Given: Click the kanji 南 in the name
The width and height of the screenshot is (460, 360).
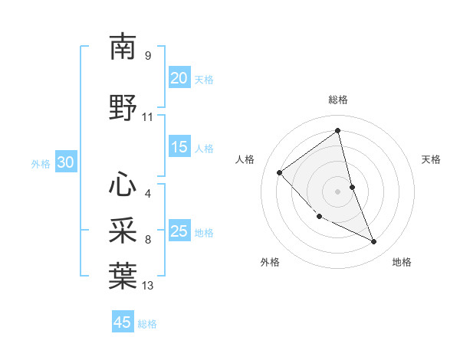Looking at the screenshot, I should [x=123, y=47].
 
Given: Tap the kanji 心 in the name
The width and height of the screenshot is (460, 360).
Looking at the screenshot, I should [x=123, y=184].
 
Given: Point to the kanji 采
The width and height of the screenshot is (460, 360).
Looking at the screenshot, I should [x=123, y=231].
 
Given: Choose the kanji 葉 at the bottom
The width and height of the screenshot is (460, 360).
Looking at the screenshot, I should [x=123, y=276].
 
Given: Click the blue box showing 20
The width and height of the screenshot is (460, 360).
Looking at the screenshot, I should [x=179, y=77].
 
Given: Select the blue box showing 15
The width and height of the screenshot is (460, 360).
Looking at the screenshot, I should [x=179, y=147].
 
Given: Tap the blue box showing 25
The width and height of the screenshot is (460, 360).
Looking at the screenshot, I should [x=179, y=231].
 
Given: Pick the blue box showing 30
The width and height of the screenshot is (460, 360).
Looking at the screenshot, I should [x=65, y=162].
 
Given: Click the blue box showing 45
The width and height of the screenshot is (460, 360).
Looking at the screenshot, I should [x=123, y=322].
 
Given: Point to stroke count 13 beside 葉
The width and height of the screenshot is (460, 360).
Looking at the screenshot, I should [x=148, y=286].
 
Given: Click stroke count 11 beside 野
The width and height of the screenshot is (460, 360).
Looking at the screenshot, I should [x=148, y=117].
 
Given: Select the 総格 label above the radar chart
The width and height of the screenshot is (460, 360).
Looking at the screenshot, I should [x=337, y=100].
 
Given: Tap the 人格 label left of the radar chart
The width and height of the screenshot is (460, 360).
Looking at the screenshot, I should [x=245, y=159].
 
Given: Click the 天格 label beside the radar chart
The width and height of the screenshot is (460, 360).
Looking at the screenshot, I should [x=431, y=159].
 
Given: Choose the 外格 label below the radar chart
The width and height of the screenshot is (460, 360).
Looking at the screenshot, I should [x=270, y=263].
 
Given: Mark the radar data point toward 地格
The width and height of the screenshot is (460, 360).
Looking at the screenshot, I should [x=374, y=242].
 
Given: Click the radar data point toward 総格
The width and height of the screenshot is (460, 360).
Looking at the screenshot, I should [x=337, y=131].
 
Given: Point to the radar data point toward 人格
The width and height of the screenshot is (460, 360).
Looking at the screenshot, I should [x=280, y=172].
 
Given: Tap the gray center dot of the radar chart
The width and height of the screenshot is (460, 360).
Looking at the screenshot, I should [x=337, y=191].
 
